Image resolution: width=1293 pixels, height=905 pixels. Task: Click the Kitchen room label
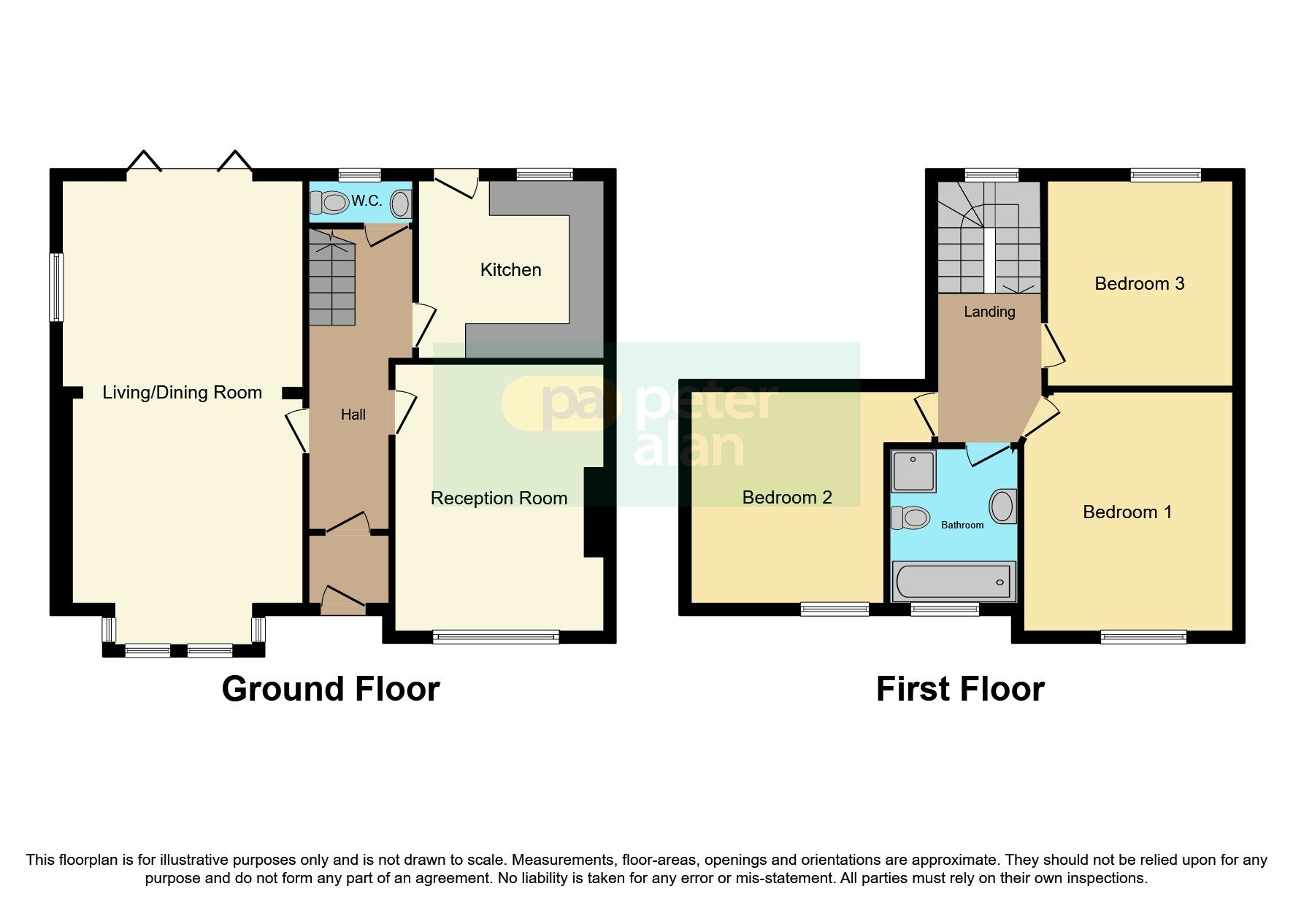[x=510, y=270]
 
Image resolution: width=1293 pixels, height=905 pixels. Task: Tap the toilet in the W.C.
[x=330, y=202]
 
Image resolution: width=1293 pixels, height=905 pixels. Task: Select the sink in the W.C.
[x=401, y=204]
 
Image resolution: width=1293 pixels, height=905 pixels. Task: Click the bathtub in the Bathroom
[x=954, y=582]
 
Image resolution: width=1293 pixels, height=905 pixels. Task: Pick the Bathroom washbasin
[x=1003, y=506]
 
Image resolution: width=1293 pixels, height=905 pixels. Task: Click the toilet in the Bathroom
[x=910, y=518]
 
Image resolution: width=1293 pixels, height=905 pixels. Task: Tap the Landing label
[x=989, y=312]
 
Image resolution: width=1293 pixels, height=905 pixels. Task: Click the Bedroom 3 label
[x=1139, y=284]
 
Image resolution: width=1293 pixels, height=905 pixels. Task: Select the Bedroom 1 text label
[x=1127, y=512]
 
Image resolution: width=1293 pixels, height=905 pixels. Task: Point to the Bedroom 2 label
[x=787, y=498]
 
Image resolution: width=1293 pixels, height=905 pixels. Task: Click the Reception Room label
[x=499, y=498]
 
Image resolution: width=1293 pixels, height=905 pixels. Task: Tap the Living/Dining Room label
[x=182, y=393]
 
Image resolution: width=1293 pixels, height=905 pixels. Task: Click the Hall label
[x=353, y=415]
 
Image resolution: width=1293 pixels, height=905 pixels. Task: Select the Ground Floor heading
[x=330, y=689]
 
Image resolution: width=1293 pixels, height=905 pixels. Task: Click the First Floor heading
[x=959, y=689]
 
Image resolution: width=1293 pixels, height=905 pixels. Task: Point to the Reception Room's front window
[x=496, y=637]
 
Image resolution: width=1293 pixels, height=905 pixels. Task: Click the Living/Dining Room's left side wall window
[x=56, y=287]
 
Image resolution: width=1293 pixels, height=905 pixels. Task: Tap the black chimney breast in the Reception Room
[x=595, y=512]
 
